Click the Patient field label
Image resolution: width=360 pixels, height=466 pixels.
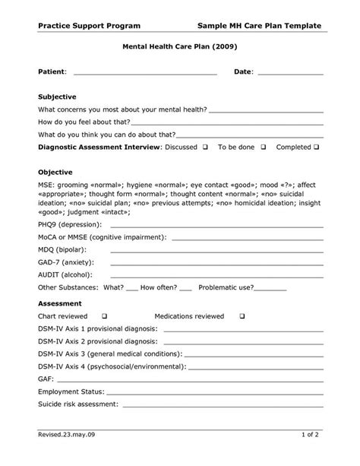click(x=52, y=71)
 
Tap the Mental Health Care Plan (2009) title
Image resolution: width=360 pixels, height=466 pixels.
click(x=179, y=46)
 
